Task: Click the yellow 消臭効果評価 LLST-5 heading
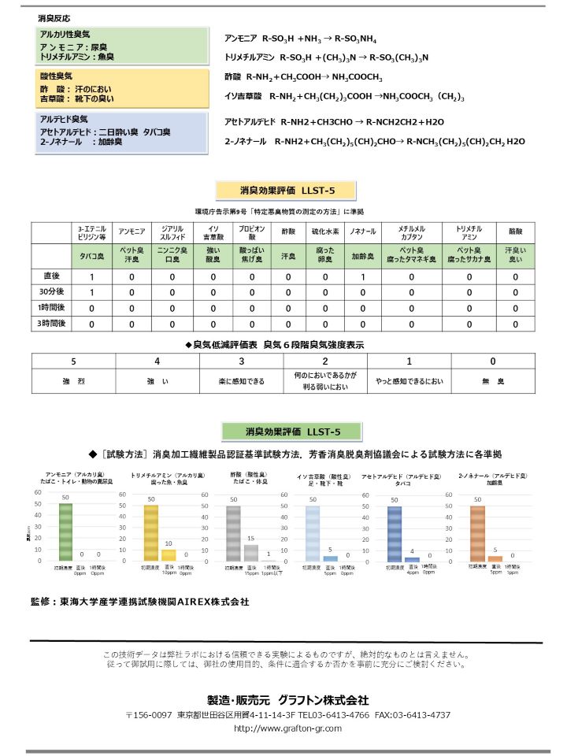click(x=285, y=191)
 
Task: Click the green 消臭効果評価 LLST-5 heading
click(x=292, y=432)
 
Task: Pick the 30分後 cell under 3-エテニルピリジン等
click(x=91, y=293)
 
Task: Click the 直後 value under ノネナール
click(x=362, y=277)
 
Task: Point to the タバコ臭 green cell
click(x=91, y=257)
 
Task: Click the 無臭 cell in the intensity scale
click(x=492, y=381)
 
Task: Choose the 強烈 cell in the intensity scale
click(x=73, y=381)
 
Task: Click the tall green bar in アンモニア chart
click(x=65, y=532)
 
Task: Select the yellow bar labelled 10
click(x=169, y=554)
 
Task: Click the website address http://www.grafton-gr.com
click(x=287, y=729)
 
